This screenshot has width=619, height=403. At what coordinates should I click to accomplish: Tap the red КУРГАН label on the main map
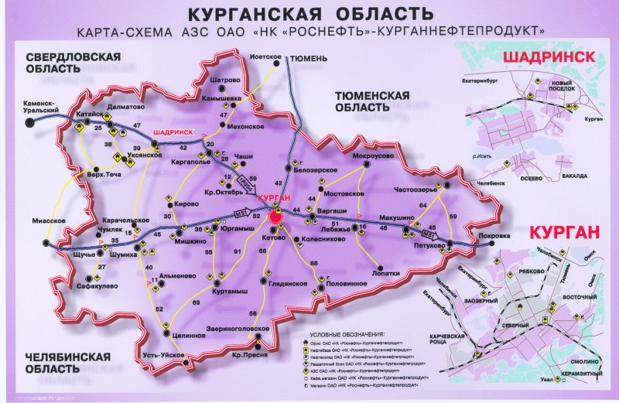(277, 199)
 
